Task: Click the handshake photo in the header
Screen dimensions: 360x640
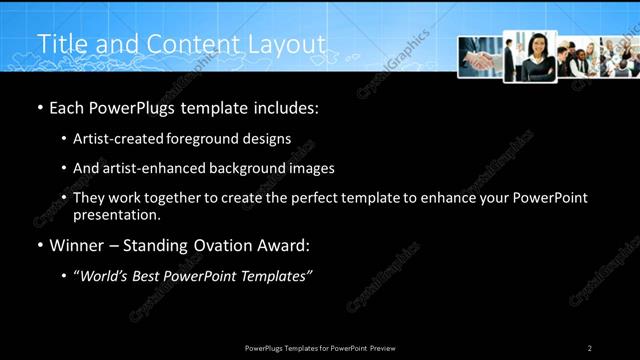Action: click(480, 57)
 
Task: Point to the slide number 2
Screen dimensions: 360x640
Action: click(590, 348)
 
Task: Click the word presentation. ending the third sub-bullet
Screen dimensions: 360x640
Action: click(117, 214)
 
